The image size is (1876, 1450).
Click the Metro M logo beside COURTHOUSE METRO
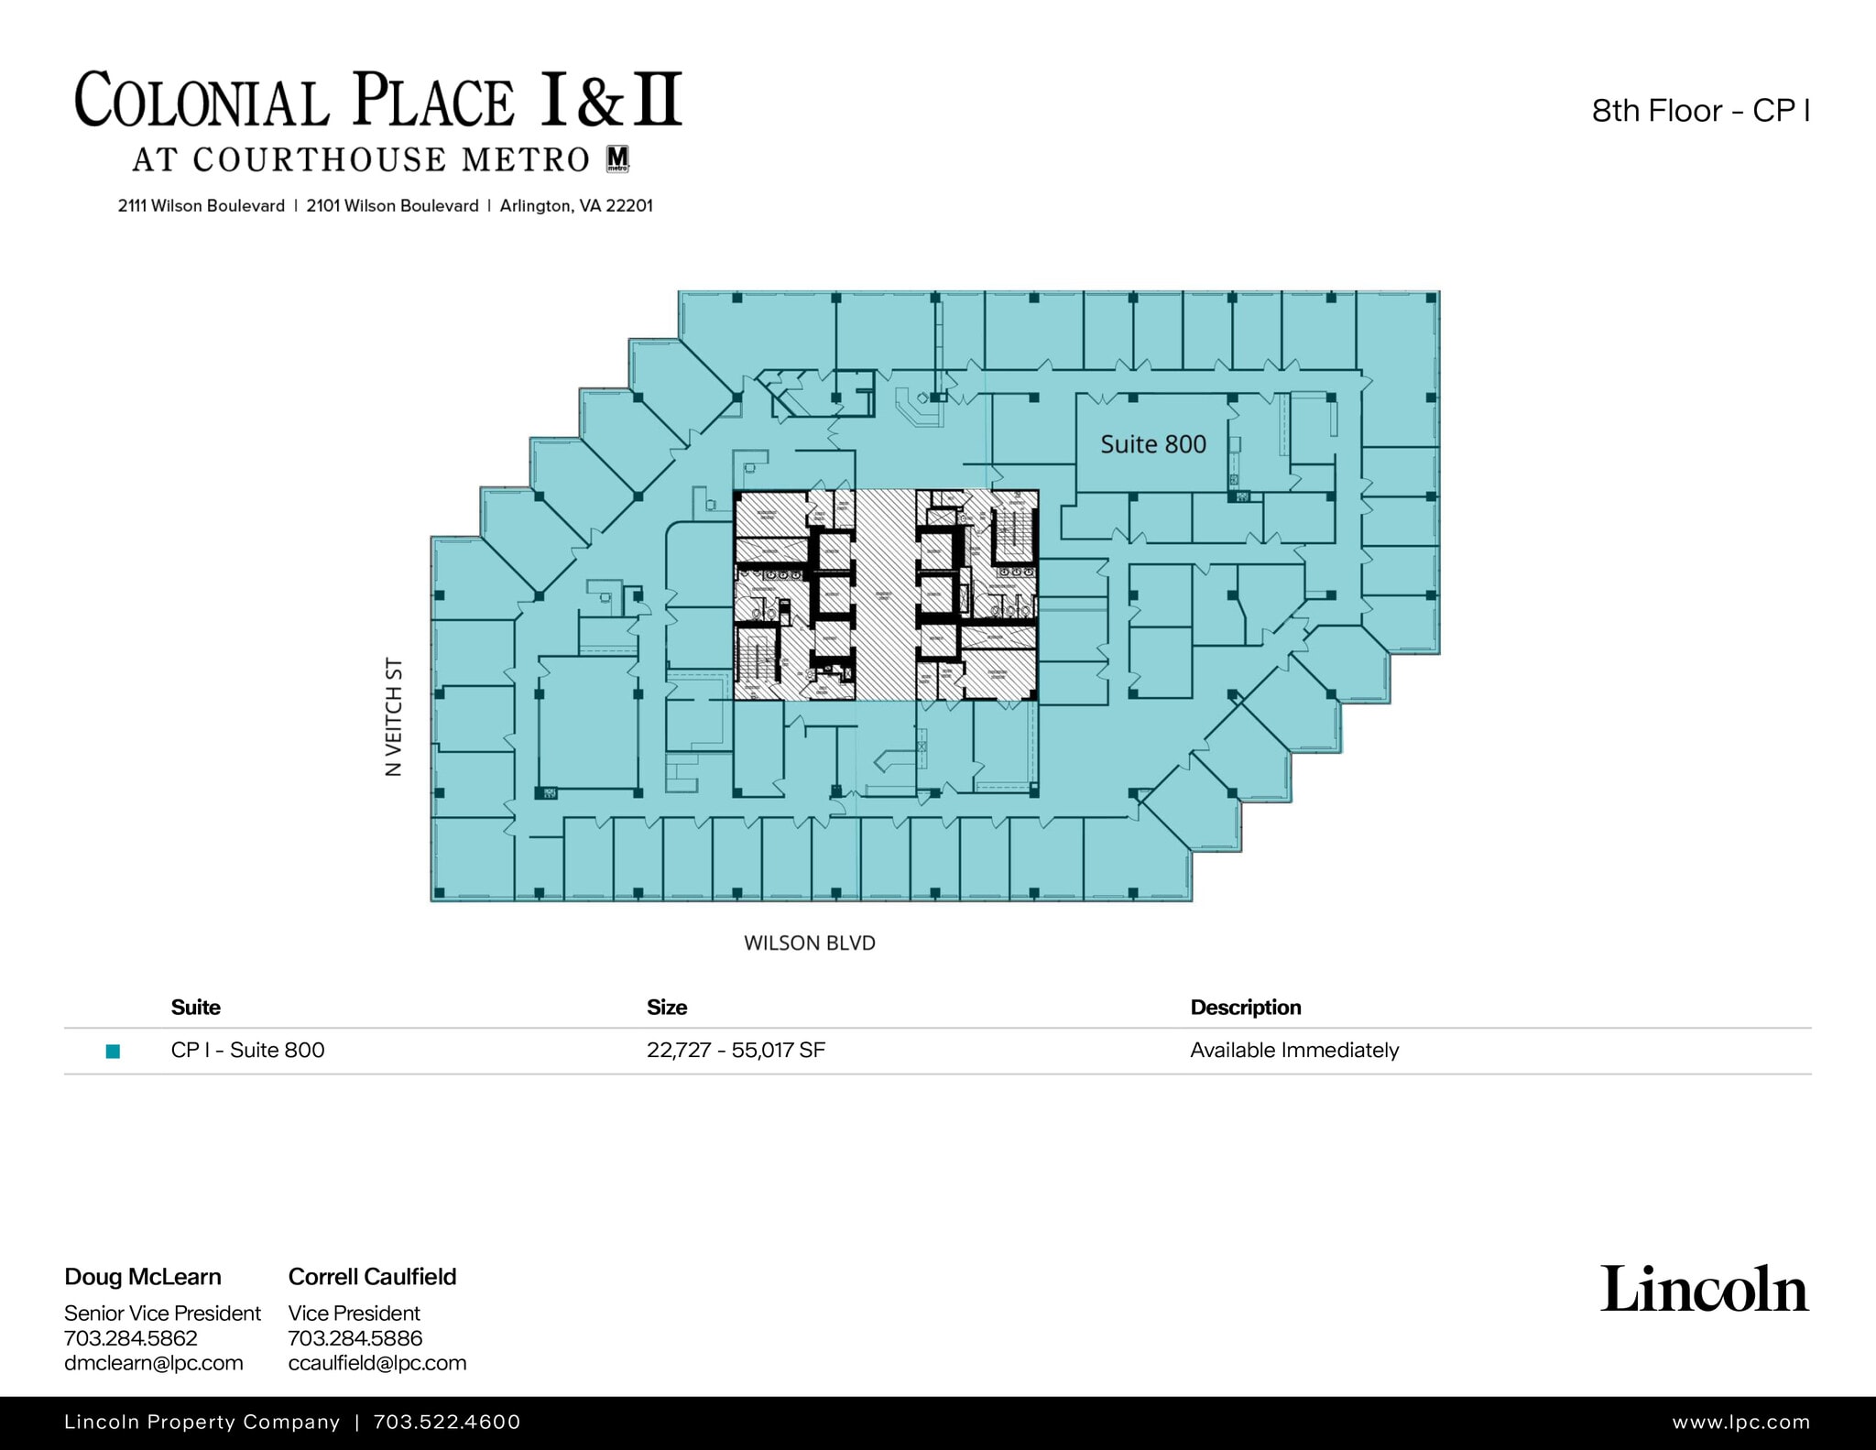(x=618, y=158)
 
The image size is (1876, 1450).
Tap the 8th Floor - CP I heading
(x=1700, y=111)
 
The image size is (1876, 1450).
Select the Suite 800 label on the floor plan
(x=1152, y=444)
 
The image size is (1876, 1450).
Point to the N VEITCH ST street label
(x=394, y=716)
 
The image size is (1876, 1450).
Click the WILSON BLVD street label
(x=809, y=943)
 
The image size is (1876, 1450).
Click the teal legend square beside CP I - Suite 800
(x=114, y=1051)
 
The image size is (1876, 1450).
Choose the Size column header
(x=666, y=1007)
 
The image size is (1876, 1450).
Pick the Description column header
(x=1245, y=1007)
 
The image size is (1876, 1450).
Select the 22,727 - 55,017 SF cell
(x=736, y=1050)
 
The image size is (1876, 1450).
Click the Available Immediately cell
(x=1293, y=1050)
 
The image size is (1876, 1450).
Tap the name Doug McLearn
(x=143, y=1276)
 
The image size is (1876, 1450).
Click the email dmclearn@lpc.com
(x=153, y=1362)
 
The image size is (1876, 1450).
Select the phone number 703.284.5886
(x=354, y=1337)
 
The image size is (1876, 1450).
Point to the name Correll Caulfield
(x=372, y=1276)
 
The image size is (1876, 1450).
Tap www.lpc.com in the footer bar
(x=1740, y=1422)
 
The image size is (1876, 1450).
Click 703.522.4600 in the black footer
(x=447, y=1422)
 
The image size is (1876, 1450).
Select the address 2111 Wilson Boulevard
(x=201, y=206)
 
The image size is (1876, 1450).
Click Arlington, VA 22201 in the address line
(x=576, y=206)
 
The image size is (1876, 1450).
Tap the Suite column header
(x=195, y=1007)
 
